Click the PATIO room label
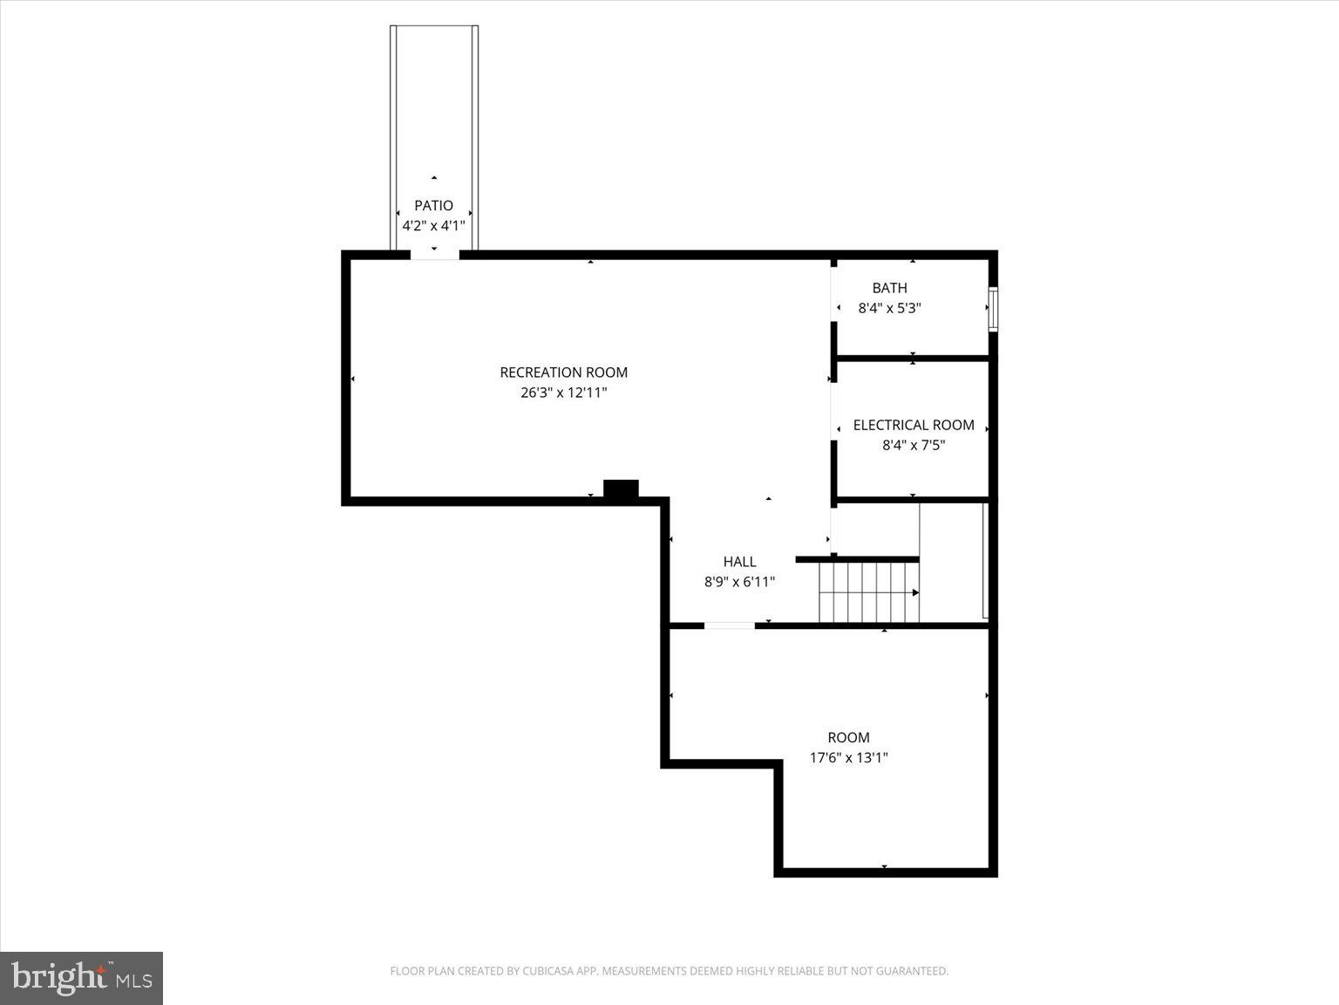pos(433,206)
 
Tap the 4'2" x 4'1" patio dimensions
pos(433,226)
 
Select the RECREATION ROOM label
pos(563,373)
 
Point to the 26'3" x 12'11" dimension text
pos(563,393)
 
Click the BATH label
pos(889,288)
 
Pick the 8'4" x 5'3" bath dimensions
pos(889,308)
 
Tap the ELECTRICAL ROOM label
pos(913,425)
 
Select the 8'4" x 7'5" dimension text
pos(913,445)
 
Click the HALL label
pos(739,562)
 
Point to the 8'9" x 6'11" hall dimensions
pos(739,582)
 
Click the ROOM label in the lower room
pos(848,737)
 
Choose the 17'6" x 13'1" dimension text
pos(848,757)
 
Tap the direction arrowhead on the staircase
pos(915,592)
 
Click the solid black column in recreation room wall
pos(621,490)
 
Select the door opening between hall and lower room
pos(729,626)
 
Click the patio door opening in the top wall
pos(434,255)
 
